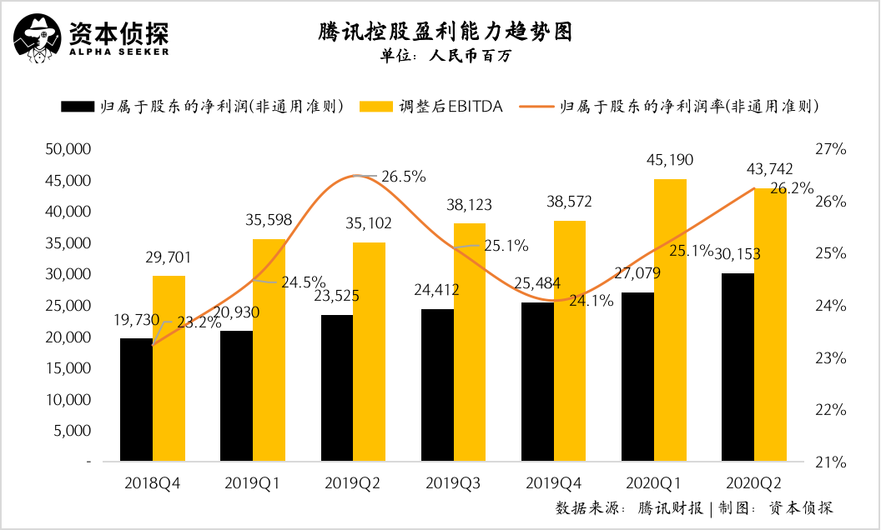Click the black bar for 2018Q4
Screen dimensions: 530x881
[x=136, y=400]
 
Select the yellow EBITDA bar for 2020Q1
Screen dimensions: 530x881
[x=670, y=321]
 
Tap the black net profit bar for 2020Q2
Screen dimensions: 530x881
[x=738, y=367]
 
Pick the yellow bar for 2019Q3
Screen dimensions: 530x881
[x=470, y=342]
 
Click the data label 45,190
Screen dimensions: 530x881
[x=670, y=160]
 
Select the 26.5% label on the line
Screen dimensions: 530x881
[x=404, y=177]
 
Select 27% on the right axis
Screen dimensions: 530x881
[x=831, y=149]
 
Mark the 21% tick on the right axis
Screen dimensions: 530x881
[x=831, y=462]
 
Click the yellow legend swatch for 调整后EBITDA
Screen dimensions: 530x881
[x=376, y=107]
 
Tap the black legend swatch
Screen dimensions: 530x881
[x=77, y=107]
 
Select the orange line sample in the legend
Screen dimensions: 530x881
[x=537, y=107]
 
